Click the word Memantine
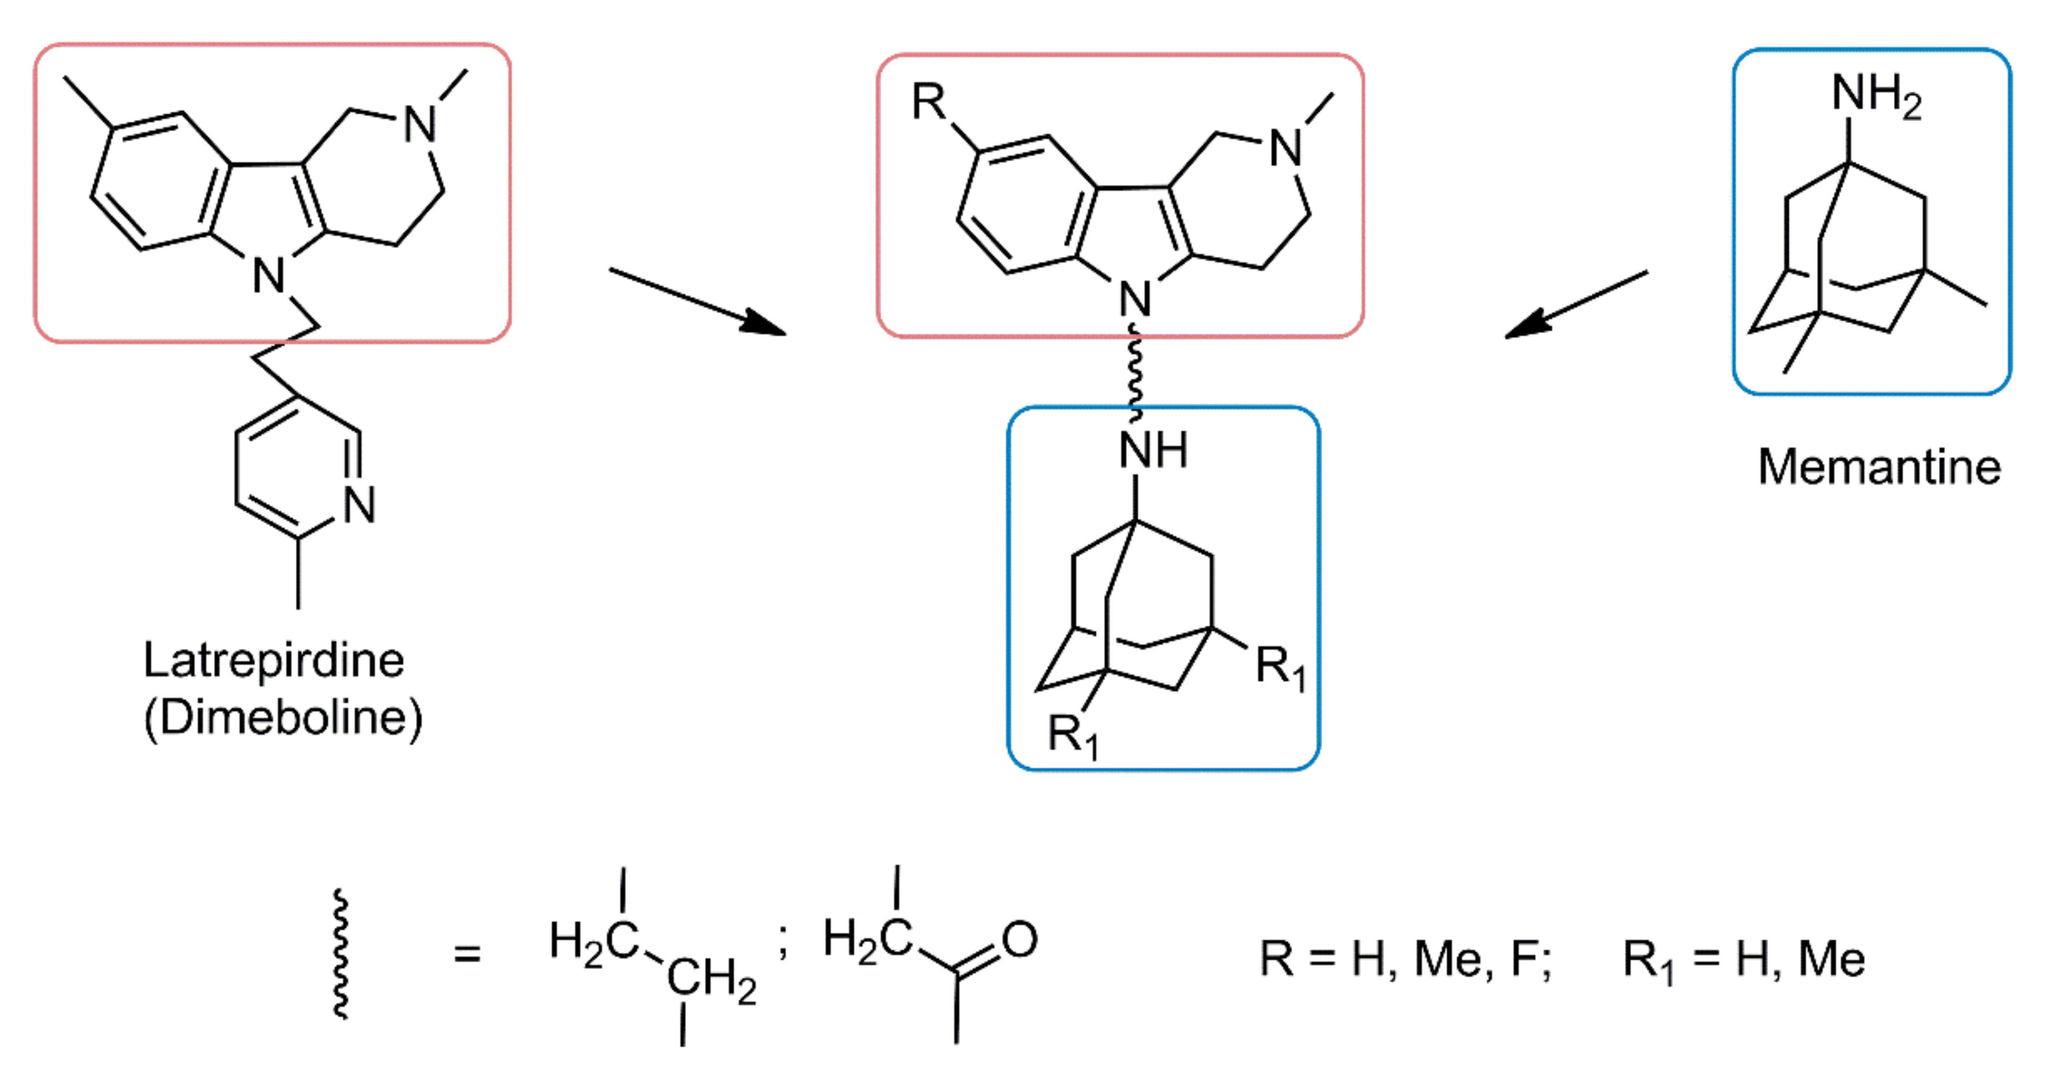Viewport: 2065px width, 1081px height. click(x=1878, y=467)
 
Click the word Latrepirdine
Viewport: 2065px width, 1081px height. click(x=273, y=661)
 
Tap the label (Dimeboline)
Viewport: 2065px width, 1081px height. click(x=282, y=718)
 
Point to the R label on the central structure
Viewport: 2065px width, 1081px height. click(x=929, y=102)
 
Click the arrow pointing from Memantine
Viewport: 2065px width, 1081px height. click(x=1575, y=305)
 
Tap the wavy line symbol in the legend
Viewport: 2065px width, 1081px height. click(x=341, y=954)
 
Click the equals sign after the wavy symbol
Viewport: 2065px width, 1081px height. click(x=468, y=954)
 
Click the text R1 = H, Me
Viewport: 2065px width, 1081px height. click(x=1743, y=960)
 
